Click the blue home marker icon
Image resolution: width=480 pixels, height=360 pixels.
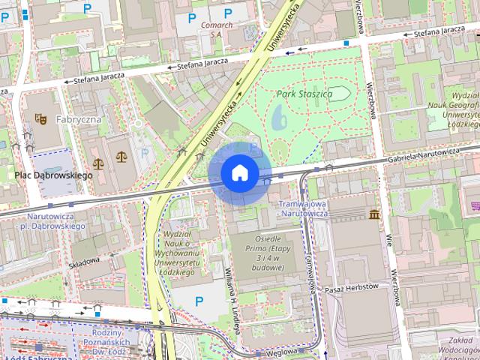pos(240,172)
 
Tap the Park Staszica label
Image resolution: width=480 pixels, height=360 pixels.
pos(304,94)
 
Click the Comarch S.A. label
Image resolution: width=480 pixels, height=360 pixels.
pos(217,28)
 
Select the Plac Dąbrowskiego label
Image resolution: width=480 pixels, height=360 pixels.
pos(53,175)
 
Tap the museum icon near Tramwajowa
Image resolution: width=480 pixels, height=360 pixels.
pos(374,215)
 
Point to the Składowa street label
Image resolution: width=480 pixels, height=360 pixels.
pos(82,262)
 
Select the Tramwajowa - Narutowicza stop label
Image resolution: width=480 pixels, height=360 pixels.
pos(304,208)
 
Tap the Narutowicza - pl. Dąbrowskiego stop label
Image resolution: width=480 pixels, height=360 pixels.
pos(45,220)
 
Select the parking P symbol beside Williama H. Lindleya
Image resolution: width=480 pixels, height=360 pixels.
pos(199,301)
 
